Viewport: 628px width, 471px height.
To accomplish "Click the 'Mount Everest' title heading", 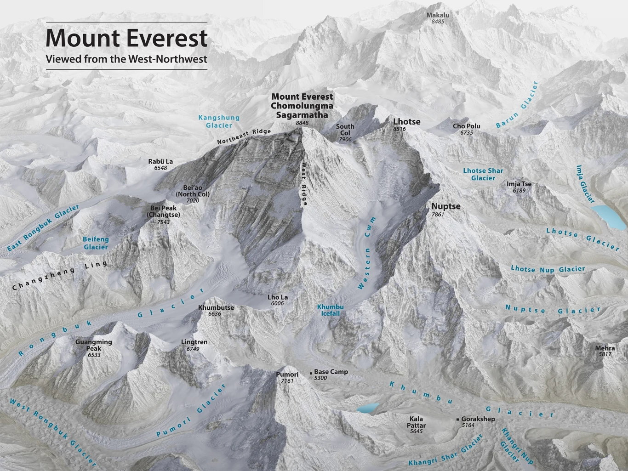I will pos(126,38).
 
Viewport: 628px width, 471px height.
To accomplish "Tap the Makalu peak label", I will pos(437,15).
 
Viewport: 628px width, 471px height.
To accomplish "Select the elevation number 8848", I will pos(302,123).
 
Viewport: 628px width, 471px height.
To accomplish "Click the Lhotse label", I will pos(406,122).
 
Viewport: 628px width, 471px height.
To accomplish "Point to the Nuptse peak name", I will pos(445,206).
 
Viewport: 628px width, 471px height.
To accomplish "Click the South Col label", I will pos(345,130).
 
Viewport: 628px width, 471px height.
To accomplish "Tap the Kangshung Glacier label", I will pos(219,121).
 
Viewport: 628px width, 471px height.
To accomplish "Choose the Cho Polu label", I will pos(466,126).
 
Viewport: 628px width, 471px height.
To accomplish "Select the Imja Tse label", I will pos(519,184).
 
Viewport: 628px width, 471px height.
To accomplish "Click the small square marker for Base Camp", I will pos(311,372).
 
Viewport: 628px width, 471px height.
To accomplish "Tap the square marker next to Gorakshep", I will pos(457,420).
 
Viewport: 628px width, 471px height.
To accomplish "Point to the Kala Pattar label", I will pos(416,422).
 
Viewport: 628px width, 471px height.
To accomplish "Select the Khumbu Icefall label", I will pos(330,310).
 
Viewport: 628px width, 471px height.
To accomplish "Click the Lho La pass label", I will pos(278,298).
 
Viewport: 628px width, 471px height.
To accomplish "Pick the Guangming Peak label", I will pos(93,345).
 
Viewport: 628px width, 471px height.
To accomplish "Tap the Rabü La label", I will pos(160,162).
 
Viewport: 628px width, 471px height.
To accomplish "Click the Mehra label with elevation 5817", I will pos(605,348).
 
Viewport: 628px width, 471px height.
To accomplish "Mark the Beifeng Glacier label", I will pos(96,243).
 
